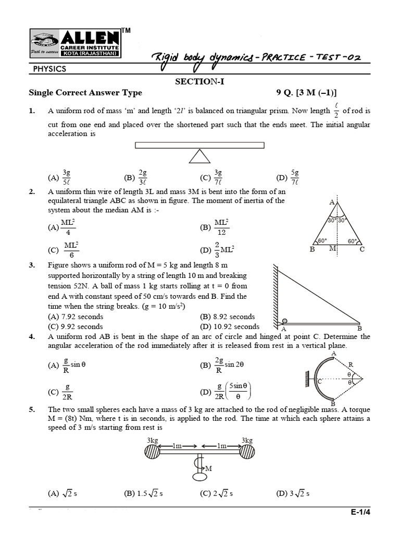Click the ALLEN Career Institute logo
pyautogui.click(x=76, y=44)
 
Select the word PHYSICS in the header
pyautogui.click(x=50, y=68)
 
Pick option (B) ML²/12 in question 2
pyautogui.click(x=215, y=227)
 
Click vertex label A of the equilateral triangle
pyautogui.click(x=332, y=202)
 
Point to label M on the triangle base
pyautogui.click(x=332, y=249)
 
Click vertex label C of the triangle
pyautogui.click(x=362, y=249)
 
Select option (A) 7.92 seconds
pyautogui.click(x=75, y=317)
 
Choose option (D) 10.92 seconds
pyautogui.click(x=230, y=327)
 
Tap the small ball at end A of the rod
pyautogui.click(x=284, y=321)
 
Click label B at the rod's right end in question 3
pyautogui.click(x=359, y=329)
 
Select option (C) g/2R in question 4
pyautogui.click(x=60, y=392)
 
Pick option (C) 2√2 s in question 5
pyautogui.click(x=216, y=493)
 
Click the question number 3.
pyautogui.click(x=32, y=265)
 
